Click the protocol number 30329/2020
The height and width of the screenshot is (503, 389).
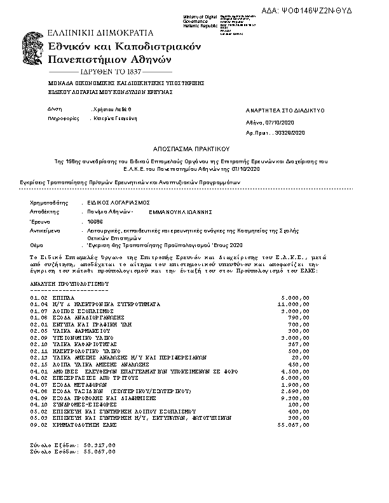tap(289, 132)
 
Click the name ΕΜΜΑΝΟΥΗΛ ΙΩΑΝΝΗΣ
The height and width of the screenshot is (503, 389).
tap(180, 211)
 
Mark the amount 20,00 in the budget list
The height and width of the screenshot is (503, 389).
tap(301, 358)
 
